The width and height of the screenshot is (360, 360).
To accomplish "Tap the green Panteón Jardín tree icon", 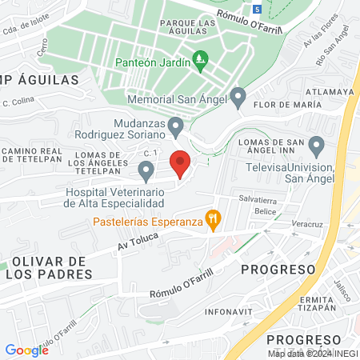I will pos(201,60).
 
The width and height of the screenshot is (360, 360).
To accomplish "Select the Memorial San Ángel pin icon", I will pos(238,98).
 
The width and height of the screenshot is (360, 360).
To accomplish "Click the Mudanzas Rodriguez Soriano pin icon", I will pos(176,126).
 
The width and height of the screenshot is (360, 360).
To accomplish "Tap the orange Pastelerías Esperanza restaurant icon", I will pos(213,218).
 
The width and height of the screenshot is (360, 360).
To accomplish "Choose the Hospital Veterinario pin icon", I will pos(146,170).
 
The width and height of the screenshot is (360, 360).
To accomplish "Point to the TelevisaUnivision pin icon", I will pos(316,146).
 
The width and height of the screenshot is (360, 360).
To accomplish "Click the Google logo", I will pos(26,350).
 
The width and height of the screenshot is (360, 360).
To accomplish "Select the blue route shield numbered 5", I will pos(256,9).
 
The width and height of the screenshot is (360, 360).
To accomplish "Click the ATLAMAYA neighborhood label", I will pos(329,92).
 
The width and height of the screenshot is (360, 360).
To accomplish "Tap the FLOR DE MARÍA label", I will pos(281,105).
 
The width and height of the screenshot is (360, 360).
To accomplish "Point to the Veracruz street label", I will pos(307,225).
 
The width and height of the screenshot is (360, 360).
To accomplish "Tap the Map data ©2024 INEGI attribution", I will pos(312,353).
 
